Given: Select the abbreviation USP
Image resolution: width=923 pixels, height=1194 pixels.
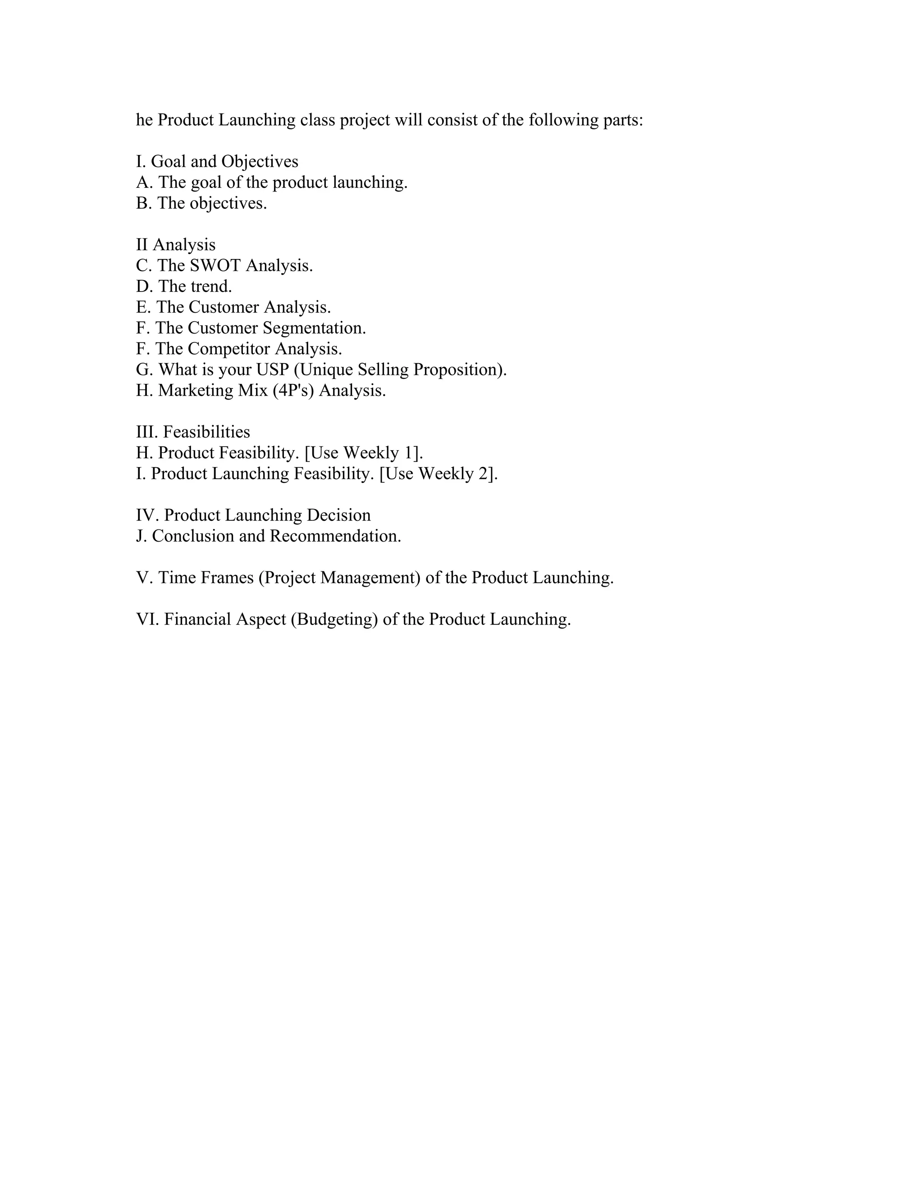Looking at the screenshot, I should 272,369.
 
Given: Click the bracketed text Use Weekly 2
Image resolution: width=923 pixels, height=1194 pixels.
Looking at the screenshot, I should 438,474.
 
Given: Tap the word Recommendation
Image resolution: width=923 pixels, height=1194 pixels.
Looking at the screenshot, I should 335,536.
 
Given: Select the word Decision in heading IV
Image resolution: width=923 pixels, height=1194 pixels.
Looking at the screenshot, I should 338,515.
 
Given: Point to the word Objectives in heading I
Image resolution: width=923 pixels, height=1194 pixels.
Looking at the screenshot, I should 260,162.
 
